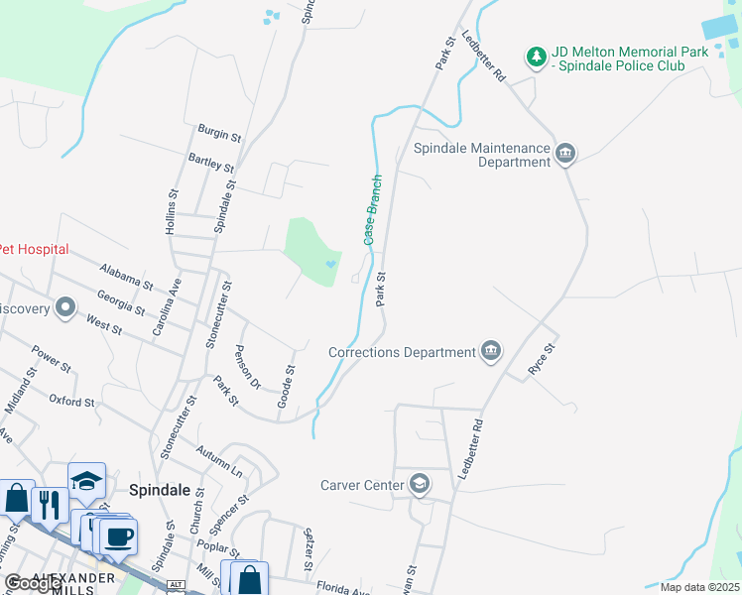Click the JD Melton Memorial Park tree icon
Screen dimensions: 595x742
537,57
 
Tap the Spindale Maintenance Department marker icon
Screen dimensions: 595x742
566,152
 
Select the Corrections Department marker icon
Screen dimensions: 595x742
490,350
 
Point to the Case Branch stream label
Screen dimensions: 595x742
373,210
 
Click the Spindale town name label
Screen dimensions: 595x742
159,489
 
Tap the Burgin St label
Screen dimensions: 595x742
219,133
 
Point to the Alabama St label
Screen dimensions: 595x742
127,277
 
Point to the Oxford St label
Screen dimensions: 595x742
71,401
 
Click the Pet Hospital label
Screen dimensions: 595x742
34,249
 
